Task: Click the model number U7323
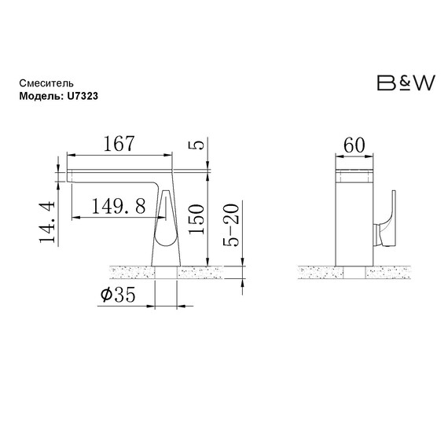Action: point(83,94)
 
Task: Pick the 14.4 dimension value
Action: point(47,222)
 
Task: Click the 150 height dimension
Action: point(197,219)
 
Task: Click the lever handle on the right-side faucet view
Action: point(388,221)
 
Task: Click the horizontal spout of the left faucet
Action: point(118,171)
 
